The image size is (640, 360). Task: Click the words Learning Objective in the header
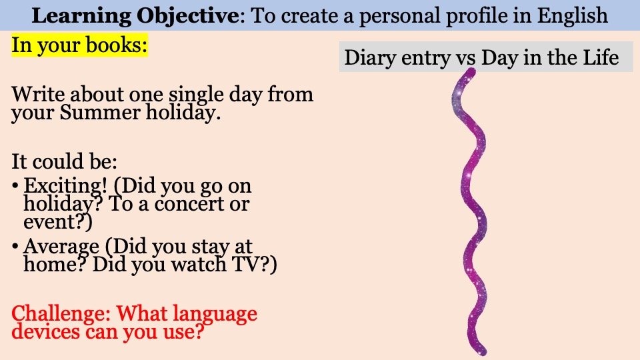135,16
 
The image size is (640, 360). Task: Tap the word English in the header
572,16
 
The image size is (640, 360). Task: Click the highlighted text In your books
79,45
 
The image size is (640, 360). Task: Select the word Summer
99,112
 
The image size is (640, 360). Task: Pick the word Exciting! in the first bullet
65,186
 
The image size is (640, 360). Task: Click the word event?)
58,222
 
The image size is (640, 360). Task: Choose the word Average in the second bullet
61,247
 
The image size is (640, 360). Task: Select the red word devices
45,331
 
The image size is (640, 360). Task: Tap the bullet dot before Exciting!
15,187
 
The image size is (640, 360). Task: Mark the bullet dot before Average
15,247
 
